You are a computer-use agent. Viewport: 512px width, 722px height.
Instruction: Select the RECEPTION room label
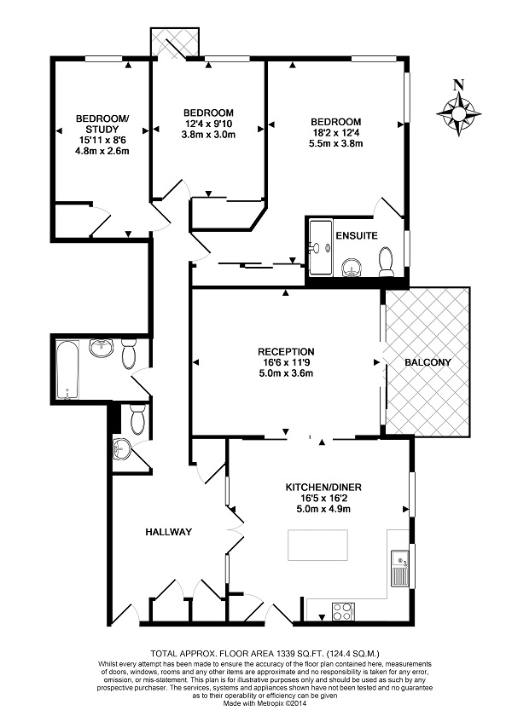click(287, 351)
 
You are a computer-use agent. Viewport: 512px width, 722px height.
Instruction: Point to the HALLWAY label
click(167, 532)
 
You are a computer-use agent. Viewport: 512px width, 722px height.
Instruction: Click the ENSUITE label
click(356, 235)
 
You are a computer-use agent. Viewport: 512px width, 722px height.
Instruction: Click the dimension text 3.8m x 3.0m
click(208, 135)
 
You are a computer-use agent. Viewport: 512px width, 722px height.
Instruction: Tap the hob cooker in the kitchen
click(343, 610)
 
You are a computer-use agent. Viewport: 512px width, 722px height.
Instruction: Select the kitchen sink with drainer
click(399, 569)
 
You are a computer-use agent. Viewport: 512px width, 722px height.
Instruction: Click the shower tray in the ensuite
click(320, 248)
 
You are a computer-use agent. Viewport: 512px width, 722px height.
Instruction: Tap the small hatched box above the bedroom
click(174, 43)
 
